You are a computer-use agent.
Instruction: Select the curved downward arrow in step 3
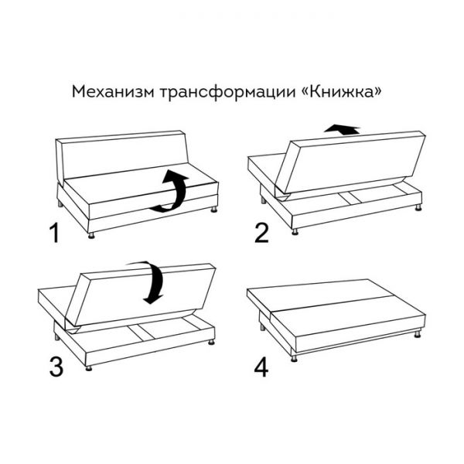click(x=154, y=282)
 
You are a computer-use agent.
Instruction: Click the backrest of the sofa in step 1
click(x=124, y=159)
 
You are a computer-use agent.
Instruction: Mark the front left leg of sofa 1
click(x=90, y=233)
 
